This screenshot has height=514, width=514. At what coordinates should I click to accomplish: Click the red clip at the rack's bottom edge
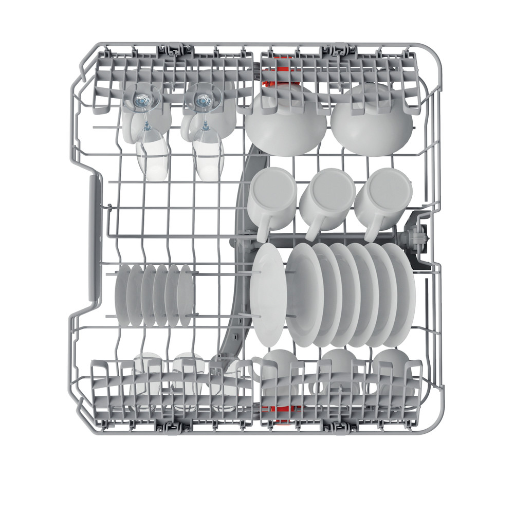point(275,409)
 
